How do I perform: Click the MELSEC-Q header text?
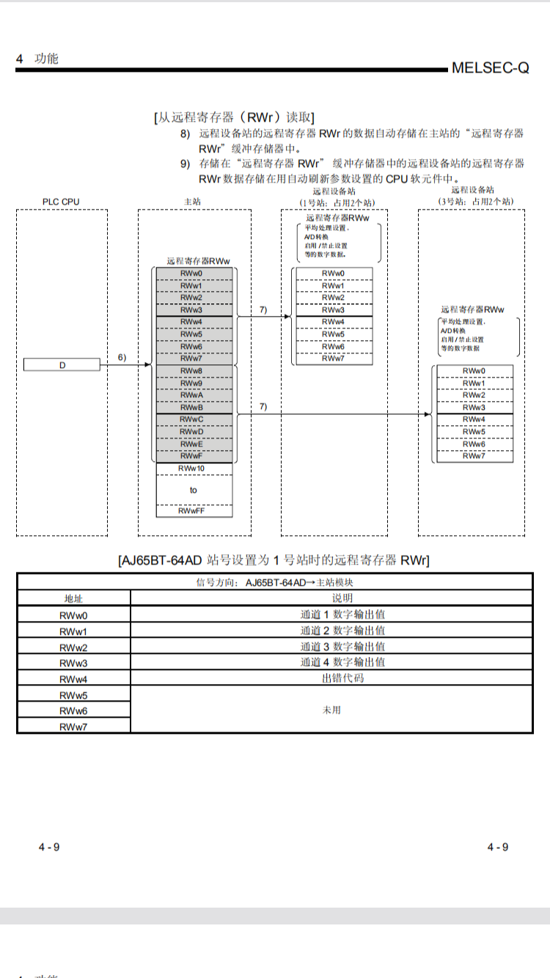tap(490, 68)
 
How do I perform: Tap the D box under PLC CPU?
tap(62, 364)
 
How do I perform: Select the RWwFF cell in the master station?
tap(194, 511)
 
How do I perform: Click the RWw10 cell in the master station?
tap(194, 468)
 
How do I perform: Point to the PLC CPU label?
tap(61, 201)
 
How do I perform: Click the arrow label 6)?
tap(122, 357)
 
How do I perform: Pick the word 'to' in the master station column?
tap(194, 490)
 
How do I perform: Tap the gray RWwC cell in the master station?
tap(194, 419)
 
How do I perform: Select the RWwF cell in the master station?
tap(194, 456)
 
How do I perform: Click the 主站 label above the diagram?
tap(194, 201)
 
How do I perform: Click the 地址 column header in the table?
tap(73, 598)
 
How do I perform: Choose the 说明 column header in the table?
tap(331, 598)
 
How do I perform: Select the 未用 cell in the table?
tap(331, 710)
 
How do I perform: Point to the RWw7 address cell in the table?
tap(73, 726)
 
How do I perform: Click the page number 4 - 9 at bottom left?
tap(49, 847)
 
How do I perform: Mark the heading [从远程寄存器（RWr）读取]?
tap(234, 117)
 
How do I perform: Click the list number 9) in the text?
tap(186, 163)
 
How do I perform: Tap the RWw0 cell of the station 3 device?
tap(474, 371)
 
